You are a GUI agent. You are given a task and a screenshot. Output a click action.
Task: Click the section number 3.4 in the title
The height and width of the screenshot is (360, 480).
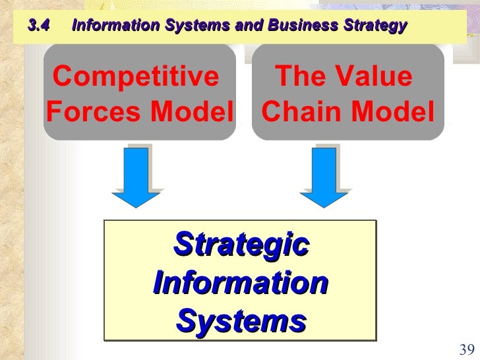tap(40, 26)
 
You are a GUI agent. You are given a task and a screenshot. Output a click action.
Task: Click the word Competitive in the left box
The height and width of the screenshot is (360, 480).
tap(136, 78)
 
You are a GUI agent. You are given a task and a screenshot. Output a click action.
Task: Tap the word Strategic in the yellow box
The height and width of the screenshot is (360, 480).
tap(241, 245)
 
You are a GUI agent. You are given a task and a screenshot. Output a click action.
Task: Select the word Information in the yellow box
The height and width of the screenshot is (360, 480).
tap(241, 284)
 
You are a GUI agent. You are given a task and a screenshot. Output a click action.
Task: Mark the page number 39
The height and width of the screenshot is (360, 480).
tap(466, 350)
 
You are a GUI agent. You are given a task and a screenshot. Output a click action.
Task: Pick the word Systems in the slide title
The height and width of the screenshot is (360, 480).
tap(193, 26)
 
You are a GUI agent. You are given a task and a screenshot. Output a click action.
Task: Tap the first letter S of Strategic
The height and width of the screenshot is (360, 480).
tap(182, 245)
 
